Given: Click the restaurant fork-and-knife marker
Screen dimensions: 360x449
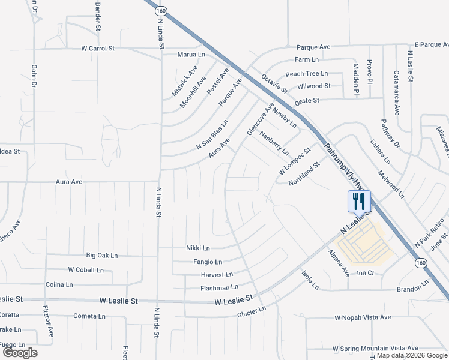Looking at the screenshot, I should click(359, 200).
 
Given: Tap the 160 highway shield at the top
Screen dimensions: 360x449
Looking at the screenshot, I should click(160, 11).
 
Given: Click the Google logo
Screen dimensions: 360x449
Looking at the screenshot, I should click(20, 353).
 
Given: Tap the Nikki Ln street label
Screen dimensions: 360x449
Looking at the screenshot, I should click(197, 248).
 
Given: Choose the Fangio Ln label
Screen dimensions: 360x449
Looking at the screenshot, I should click(208, 262).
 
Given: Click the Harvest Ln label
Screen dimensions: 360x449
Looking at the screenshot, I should click(217, 275).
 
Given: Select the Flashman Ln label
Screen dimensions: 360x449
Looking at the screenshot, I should click(219, 288).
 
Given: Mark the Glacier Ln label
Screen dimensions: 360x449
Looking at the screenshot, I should click(251, 313).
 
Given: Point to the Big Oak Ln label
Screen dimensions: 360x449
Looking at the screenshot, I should click(102, 255).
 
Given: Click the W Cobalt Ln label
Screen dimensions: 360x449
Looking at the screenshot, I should click(86, 270).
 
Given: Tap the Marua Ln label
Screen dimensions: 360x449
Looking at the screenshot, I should click(187, 55).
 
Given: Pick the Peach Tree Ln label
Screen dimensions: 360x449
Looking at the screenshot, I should click(306, 73).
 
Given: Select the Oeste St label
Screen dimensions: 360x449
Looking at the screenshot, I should click(306, 100).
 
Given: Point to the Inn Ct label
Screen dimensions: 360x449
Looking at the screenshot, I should click(366, 273).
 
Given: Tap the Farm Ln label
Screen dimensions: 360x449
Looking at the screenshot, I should click(306, 59).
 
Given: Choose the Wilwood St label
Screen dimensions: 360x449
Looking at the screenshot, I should click(314, 86).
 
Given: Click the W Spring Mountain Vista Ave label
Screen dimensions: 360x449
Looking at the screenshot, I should click(375, 348).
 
